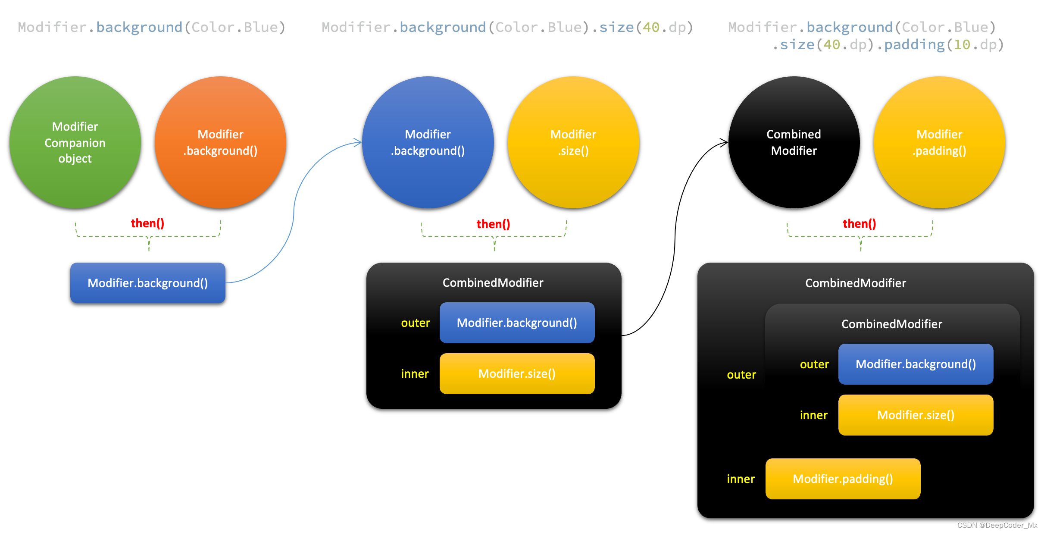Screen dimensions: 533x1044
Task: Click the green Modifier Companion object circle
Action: [x=75, y=142]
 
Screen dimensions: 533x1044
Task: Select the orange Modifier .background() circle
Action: [x=220, y=142]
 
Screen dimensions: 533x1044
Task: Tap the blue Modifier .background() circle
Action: [x=428, y=142]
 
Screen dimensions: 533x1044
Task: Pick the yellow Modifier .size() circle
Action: [x=573, y=142]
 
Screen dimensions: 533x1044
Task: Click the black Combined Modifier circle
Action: [x=794, y=142]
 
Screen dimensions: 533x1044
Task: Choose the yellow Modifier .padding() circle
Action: [x=939, y=142]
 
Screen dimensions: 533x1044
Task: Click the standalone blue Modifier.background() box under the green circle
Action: [x=148, y=283]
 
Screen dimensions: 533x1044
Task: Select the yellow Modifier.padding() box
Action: [x=843, y=479]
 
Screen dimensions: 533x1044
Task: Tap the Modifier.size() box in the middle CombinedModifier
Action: [x=517, y=373]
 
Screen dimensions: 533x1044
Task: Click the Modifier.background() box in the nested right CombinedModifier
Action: [x=916, y=364]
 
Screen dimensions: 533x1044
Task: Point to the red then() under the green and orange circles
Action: [x=147, y=223]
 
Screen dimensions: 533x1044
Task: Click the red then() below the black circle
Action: [x=859, y=224]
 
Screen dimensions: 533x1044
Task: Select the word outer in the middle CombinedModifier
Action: [x=415, y=323]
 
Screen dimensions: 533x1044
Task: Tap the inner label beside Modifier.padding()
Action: [x=741, y=479]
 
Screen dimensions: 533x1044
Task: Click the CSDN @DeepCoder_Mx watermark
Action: [x=997, y=525]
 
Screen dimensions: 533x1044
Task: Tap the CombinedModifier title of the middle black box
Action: [x=493, y=283]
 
